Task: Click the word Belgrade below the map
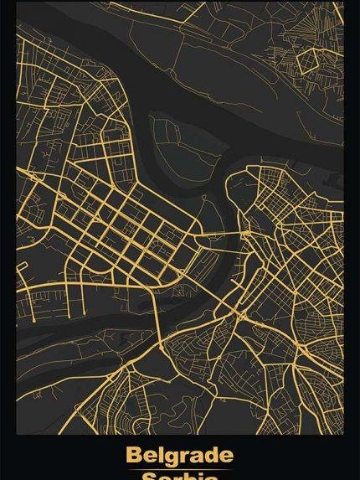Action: [x=179, y=457]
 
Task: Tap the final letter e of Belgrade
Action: [x=225, y=457]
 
